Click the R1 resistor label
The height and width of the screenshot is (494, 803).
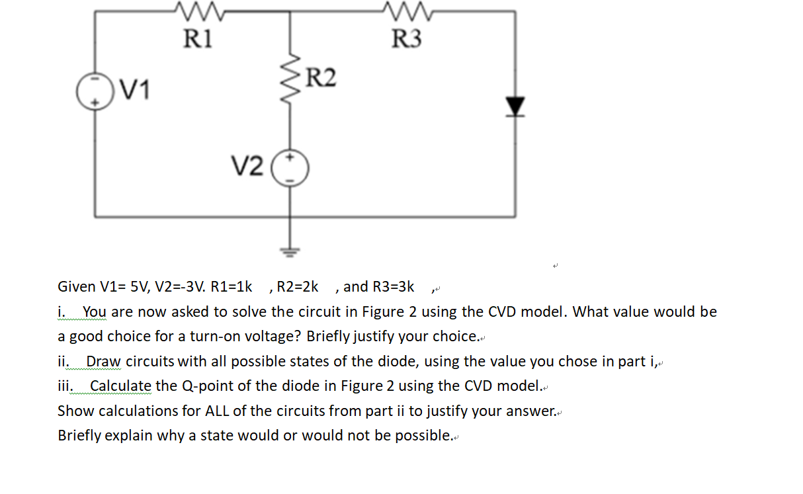[x=198, y=38]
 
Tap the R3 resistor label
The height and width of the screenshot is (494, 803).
[x=406, y=38]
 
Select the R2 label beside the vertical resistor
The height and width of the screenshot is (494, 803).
[x=321, y=78]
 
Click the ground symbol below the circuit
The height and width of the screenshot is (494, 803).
[x=289, y=249]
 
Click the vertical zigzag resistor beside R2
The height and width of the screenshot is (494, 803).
[x=290, y=83]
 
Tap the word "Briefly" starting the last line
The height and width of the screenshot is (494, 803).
[x=81, y=436]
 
